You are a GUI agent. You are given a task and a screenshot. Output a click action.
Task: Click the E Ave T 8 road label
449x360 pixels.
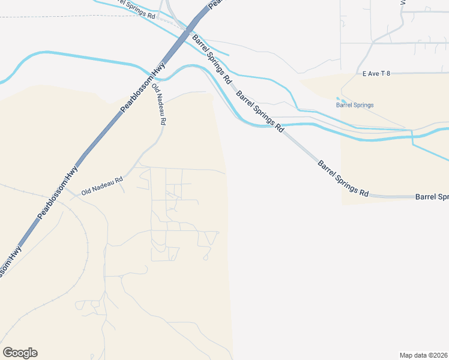pos(376,74)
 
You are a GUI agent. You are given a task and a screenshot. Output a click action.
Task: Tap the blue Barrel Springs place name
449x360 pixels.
pos(355,105)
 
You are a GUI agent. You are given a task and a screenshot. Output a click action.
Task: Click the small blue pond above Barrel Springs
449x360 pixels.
pos(340,99)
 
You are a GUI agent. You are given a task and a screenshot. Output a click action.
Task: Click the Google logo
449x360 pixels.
pos(20,353)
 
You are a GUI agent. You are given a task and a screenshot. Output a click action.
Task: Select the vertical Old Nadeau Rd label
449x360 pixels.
pos(160,104)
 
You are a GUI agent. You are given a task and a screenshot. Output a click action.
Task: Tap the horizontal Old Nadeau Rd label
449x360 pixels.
pos(102,179)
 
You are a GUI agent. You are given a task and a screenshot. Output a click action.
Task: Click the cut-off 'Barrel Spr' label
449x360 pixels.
pos(432,197)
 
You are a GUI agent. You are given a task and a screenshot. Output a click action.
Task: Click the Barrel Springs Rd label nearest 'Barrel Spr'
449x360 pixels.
pos(343,178)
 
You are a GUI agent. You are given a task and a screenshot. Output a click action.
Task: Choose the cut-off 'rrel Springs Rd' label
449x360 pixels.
pos(135,8)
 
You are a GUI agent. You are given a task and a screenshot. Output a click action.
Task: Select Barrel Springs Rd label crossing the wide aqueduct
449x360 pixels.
pos(259,111)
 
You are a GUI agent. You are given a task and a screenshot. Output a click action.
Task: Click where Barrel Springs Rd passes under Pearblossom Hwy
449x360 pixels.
pos(188,30)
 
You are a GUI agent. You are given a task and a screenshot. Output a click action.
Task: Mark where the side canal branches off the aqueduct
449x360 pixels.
pos(412,133)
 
